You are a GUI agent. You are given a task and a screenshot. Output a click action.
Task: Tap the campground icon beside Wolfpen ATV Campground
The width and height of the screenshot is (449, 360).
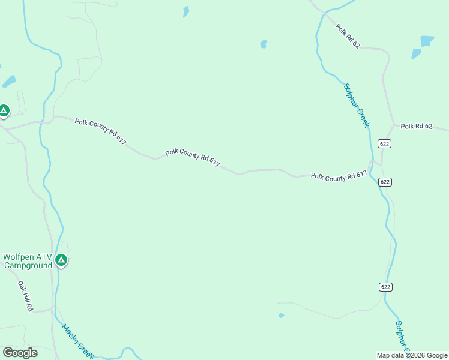(x=61, y=260)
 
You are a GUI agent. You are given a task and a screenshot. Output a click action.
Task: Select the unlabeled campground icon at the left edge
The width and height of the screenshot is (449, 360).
(x=4, y=110)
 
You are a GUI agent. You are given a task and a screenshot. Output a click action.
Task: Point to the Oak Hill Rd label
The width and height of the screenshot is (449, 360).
(x=25, y=296)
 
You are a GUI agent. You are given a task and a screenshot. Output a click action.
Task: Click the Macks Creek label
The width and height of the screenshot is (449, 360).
(x=77, y=342)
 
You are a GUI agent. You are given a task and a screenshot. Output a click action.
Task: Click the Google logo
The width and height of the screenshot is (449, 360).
(x=20, y=353)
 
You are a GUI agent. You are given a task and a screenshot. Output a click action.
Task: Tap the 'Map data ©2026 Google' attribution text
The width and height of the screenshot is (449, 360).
(x=412, y=355)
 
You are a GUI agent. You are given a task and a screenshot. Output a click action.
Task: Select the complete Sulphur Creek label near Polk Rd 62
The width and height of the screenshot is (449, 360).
(x=356, y=106)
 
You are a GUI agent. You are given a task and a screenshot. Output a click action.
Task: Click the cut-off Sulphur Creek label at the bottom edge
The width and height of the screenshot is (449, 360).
(x=401, y=336)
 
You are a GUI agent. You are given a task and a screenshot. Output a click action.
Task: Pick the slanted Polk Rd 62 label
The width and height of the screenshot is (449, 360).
(x=348, y=36)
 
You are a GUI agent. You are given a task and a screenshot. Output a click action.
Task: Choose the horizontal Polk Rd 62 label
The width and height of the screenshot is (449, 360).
(x=417, y=126)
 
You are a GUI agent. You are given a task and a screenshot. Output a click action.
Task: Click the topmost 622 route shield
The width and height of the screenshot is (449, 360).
(x=385, y=143)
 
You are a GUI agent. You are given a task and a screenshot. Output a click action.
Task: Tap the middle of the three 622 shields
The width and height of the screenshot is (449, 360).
(x=385, y=182)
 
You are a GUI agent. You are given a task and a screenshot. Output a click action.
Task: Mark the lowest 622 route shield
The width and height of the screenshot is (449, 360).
(x=385, y=287)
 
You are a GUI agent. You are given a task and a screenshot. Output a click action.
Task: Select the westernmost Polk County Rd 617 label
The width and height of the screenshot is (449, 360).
(x=101, y=131)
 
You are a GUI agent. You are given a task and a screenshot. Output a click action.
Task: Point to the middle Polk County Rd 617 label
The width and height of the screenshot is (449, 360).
(x=193, y=158)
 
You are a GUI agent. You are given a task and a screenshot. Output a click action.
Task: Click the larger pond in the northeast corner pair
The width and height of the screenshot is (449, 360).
(x=427, y=41)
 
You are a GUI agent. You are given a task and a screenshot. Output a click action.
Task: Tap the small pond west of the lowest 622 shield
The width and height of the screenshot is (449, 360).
(x=281, y=315)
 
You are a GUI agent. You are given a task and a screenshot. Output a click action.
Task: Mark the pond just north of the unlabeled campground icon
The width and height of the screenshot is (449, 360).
(x=8, y=81)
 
